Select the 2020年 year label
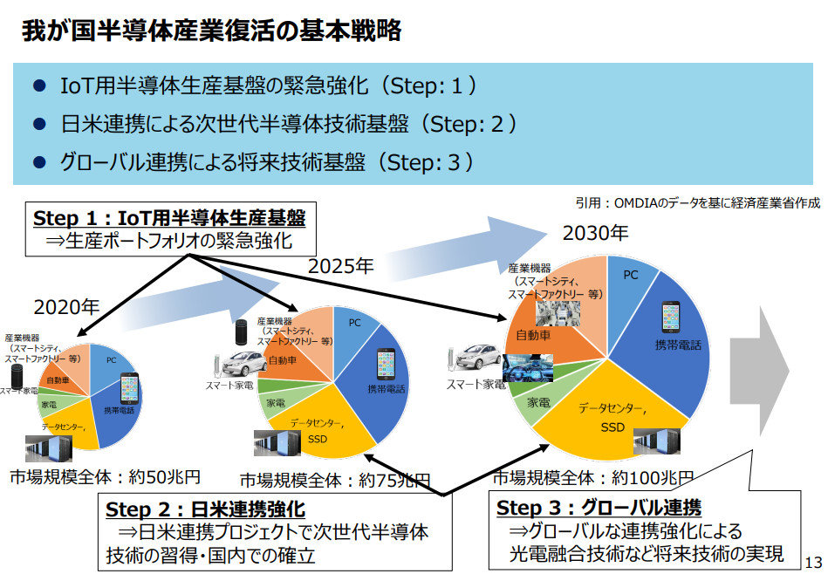[x=67, y=306]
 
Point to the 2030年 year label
[x=595, y=233]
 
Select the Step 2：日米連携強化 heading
[x=205, y=508]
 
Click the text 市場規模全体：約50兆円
[x=105, y=477]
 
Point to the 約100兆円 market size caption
[x=593, y=477]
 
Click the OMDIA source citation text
[x=697, y=202]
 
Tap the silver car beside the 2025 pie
[x=233, y=362]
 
